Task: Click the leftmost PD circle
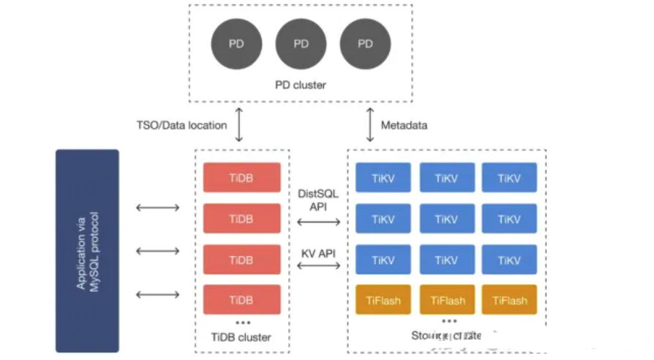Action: click(236, 43)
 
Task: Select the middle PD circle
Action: click(301, 43)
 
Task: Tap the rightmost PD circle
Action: click(365, 43)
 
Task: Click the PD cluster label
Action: click(301, 85)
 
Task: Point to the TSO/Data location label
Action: click(181, 125)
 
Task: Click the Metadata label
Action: click(404, 125)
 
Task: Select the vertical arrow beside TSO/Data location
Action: click(238, 125)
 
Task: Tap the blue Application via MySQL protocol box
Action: click(87, 251)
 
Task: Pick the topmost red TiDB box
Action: click(241, 178)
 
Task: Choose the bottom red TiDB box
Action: click(241, 300)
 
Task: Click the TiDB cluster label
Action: click(241, 337)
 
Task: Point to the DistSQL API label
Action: click(317, 200)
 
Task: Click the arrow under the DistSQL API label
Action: click(317, 221)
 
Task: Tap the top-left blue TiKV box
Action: click(383, 178)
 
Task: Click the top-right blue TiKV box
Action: click(509, 178)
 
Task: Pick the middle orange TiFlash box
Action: click(448, 300)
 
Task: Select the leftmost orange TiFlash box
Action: click(383, 300)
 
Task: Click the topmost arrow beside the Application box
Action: click(158, 208)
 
